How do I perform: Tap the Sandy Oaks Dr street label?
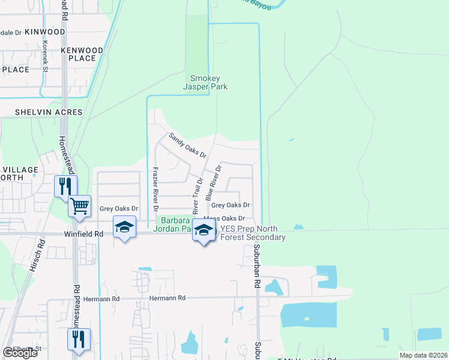187,145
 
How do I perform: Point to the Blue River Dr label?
214,183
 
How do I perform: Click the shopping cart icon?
79,207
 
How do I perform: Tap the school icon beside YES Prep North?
204,230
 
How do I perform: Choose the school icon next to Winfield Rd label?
125,227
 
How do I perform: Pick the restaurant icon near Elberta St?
79,339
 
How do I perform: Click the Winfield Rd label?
84,235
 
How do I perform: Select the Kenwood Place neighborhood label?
82,54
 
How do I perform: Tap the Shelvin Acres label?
43,112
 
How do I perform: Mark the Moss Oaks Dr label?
225,219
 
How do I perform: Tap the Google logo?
20,353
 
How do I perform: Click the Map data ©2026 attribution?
423,355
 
